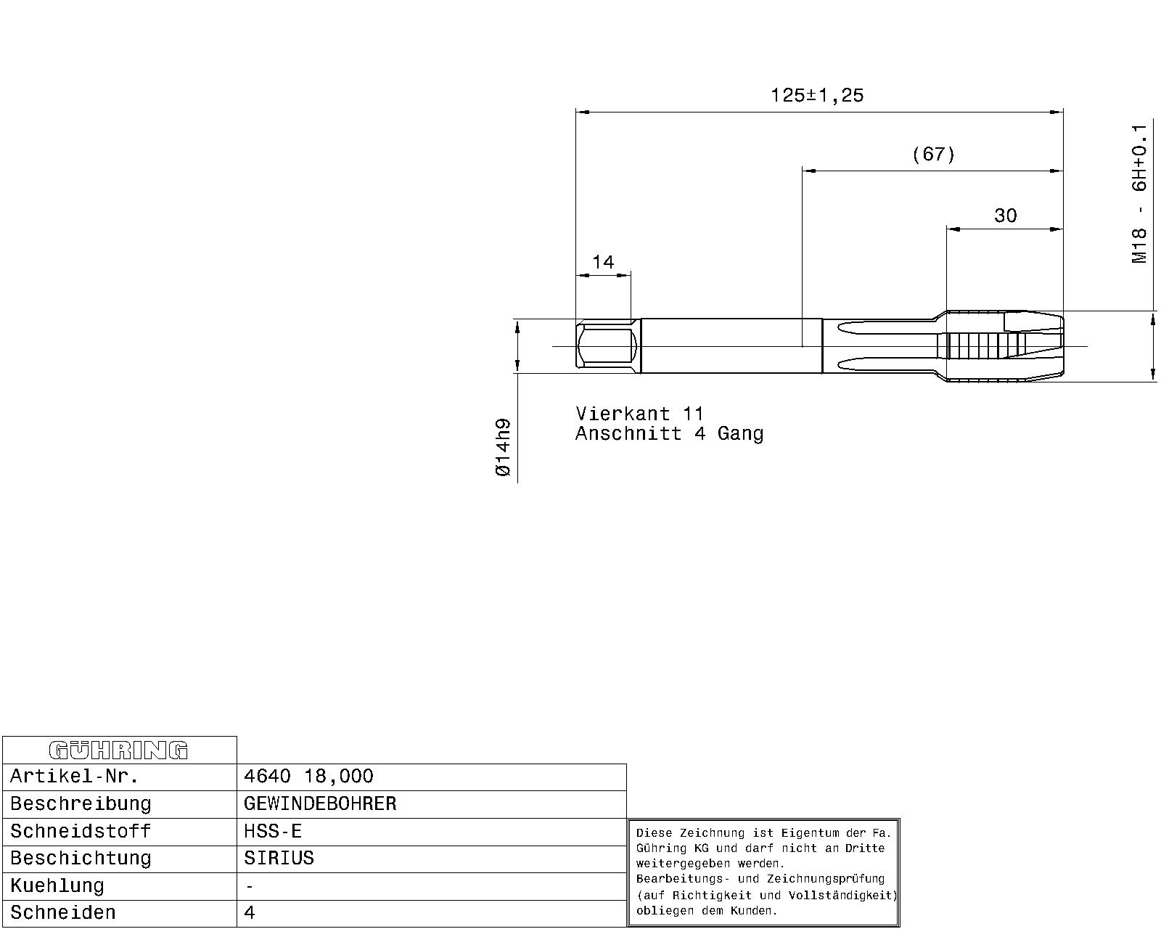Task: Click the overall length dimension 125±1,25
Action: click(x=817, y=95)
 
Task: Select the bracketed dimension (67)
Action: click(x=933, y=155)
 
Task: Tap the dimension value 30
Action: click(x=1005, y=216)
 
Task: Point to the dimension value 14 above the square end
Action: click(x=602, y=262)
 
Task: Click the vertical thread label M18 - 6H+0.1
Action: click(x=1139, y=194)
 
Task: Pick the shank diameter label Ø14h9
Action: click(x=502, y=447)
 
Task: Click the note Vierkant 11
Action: click(x=639, y=414)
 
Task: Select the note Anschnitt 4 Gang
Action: click(x=670, y=433)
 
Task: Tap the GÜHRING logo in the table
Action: click(x=118, y=750)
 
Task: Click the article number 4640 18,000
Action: click(x=308, y=777)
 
